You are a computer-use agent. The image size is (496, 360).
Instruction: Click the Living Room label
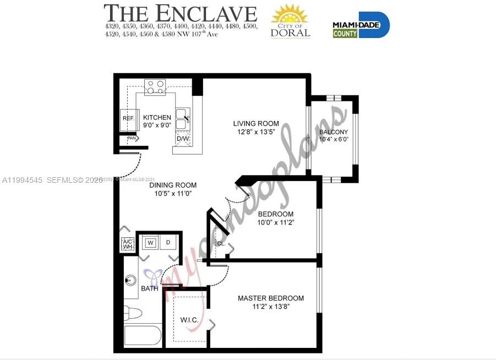point(255,123)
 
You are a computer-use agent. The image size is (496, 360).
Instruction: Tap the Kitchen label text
point(157,117)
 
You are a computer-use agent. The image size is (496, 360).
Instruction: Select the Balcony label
point(334,132)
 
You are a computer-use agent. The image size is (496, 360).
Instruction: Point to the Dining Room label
point(173,186)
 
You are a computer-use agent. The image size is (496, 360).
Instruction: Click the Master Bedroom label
point(270,298)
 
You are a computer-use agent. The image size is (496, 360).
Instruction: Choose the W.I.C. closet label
point(189,320)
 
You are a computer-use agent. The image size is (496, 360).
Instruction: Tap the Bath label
point(149,288)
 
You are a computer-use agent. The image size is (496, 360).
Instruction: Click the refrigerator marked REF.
point(128,119)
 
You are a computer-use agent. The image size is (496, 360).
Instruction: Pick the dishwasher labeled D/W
point(183,139)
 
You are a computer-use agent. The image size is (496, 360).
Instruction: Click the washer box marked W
point(150,242)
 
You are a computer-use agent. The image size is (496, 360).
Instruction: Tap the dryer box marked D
point(168,242)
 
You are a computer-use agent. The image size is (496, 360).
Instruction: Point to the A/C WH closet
point(128,244)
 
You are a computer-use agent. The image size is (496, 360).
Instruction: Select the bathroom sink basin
point(130,281)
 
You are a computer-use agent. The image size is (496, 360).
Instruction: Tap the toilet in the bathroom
point(132,313)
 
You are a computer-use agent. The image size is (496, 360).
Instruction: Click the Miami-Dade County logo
point(361,25)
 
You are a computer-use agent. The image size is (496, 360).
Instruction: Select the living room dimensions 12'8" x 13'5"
point(255,132)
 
